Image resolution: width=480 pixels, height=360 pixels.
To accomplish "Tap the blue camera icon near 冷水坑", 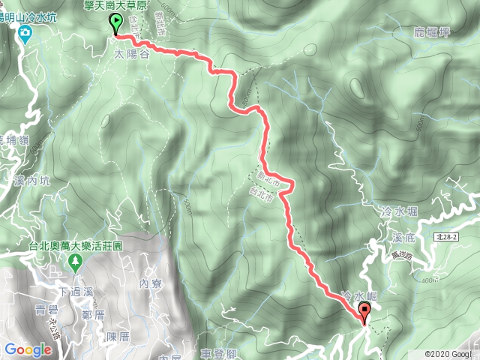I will [25, 32].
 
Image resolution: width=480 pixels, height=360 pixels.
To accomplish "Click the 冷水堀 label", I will [394, 212].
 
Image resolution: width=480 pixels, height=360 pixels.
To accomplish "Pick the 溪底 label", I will [403, 237].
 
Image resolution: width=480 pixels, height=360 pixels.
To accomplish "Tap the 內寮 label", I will [151, 283].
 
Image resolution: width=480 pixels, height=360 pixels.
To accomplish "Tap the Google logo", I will [27, 349].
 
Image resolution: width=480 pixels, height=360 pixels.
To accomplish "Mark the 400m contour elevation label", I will [430, 280].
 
